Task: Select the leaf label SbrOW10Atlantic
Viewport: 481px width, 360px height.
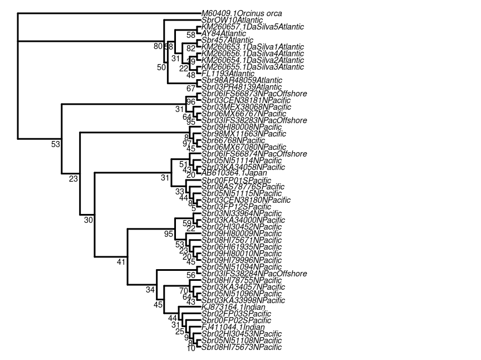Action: pyautogui.click(x=229, y=20)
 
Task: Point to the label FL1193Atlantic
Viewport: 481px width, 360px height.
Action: pyautogui.click(x=228, y=74)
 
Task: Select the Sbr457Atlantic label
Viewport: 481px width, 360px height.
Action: pyautogui.click(x=227, y=40)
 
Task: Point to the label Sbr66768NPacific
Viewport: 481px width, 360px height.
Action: pyautogui.click(x=233, y=140)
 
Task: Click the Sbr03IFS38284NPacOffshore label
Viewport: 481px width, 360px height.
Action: pyautogui.click(x=254, y=274)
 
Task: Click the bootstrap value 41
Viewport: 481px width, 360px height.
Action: pyautogui.click(x=121, y=262)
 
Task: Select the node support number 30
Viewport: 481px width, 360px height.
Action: pyautogui.click(x=88, y=220)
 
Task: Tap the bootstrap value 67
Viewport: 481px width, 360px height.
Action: pyautogui.click(x=190, y=88)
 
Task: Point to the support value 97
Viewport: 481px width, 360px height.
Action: pyautogui.click(x=187, y=144)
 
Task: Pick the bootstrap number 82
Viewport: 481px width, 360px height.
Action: pyautogui.click(x=190, y=48)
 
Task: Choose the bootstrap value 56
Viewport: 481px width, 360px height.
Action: pyautogui.click(x=190, y=275)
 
